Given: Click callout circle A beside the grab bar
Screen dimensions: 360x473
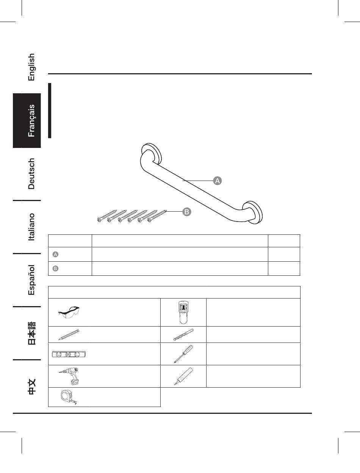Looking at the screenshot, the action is (x=217, y=181).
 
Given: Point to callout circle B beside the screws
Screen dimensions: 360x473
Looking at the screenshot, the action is (x=187, y=212).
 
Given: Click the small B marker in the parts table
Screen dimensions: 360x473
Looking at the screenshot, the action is (x=55, y=269).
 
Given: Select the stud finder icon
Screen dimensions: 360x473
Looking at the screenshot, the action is (x=183, y=312).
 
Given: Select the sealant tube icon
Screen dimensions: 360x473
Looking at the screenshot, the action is (x=183, y=376).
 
